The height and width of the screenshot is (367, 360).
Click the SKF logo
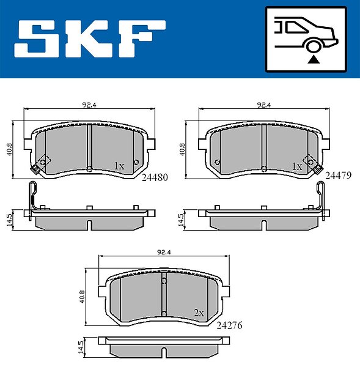click(90, 39)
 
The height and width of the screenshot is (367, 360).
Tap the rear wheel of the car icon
click(314, 46)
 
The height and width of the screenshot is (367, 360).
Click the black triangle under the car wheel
click(314, 60)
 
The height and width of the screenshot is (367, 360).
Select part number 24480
click(155, 177)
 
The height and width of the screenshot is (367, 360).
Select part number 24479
click(338, 175)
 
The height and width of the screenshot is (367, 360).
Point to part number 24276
click(229, 325)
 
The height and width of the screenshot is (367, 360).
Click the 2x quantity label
click(199, 313)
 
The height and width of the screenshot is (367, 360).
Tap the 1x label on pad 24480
click(119, 166)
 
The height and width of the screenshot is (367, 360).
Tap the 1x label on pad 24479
click(297, 166)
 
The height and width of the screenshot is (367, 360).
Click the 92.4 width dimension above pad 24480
click(89, 105)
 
